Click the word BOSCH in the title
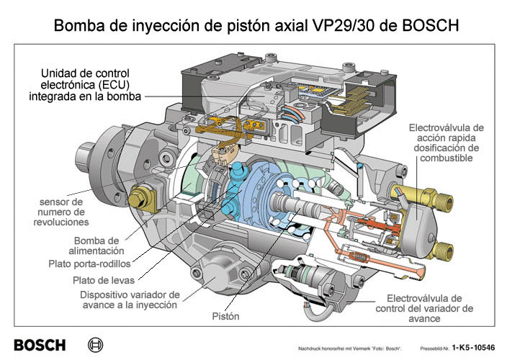pos(431,25)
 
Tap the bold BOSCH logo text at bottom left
pos(40,345)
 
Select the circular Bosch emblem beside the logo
pos(95,345)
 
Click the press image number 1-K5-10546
pos(473,347)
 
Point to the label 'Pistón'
pos(225,316)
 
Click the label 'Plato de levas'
pos(104,280)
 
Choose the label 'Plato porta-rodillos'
pos(89,264)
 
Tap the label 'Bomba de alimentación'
pos(97,246)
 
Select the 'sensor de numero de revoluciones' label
pos(61,212)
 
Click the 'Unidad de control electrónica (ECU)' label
pos(86,85)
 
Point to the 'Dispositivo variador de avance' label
pos(130,300)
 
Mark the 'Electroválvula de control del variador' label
pos(424,308)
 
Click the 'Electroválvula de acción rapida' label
pos(447,143)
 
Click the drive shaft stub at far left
pos(85,158)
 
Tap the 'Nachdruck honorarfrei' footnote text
pos(349,348)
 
